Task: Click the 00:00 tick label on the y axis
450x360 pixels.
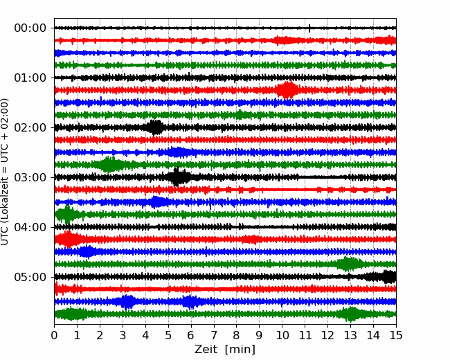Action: tap(30, 28)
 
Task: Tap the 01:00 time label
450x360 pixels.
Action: tap(30, 78)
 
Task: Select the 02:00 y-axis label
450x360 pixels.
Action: tap(30, 128)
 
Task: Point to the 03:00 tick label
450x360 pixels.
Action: tap(30, 178)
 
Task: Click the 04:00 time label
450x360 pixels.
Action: tap(30, 228)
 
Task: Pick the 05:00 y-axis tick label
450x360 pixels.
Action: tap(30, 278)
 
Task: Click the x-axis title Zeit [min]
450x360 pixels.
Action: tap(225, 350)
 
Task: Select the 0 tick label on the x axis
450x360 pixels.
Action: tap(55, 336)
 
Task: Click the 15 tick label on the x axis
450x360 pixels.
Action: tap(396, 336)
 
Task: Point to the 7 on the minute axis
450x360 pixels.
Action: tap(214, 336)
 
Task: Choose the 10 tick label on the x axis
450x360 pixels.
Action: tap(282, 336)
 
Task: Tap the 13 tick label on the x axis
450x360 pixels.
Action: tap(350, 336)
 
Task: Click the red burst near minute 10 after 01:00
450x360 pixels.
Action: tap(287, 90)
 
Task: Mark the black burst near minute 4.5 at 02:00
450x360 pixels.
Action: tap(156, 127)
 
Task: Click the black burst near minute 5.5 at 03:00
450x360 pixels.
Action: tap(178, 177)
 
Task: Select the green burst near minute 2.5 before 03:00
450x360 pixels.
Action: tap(109, 165)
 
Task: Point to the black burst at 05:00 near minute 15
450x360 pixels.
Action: tap(388, 277)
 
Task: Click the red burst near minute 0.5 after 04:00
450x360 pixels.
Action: tap(68, 240)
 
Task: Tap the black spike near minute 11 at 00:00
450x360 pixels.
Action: tap(309, 28)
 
